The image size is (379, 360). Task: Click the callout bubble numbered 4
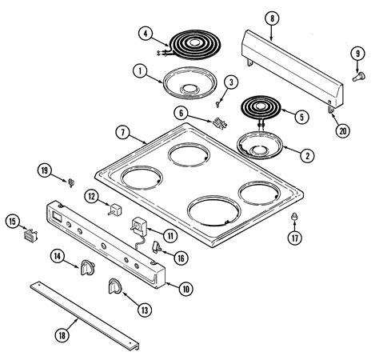[145, 34]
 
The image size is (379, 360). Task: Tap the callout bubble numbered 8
[272, 17]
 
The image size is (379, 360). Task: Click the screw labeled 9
[353, 79]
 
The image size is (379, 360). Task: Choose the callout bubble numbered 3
[230, 82]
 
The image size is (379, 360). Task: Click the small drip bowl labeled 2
[259, 146]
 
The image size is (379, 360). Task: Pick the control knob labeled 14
[86, 269]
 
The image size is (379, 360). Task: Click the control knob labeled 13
[114, 286]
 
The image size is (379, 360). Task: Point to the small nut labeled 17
[294, 218]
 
